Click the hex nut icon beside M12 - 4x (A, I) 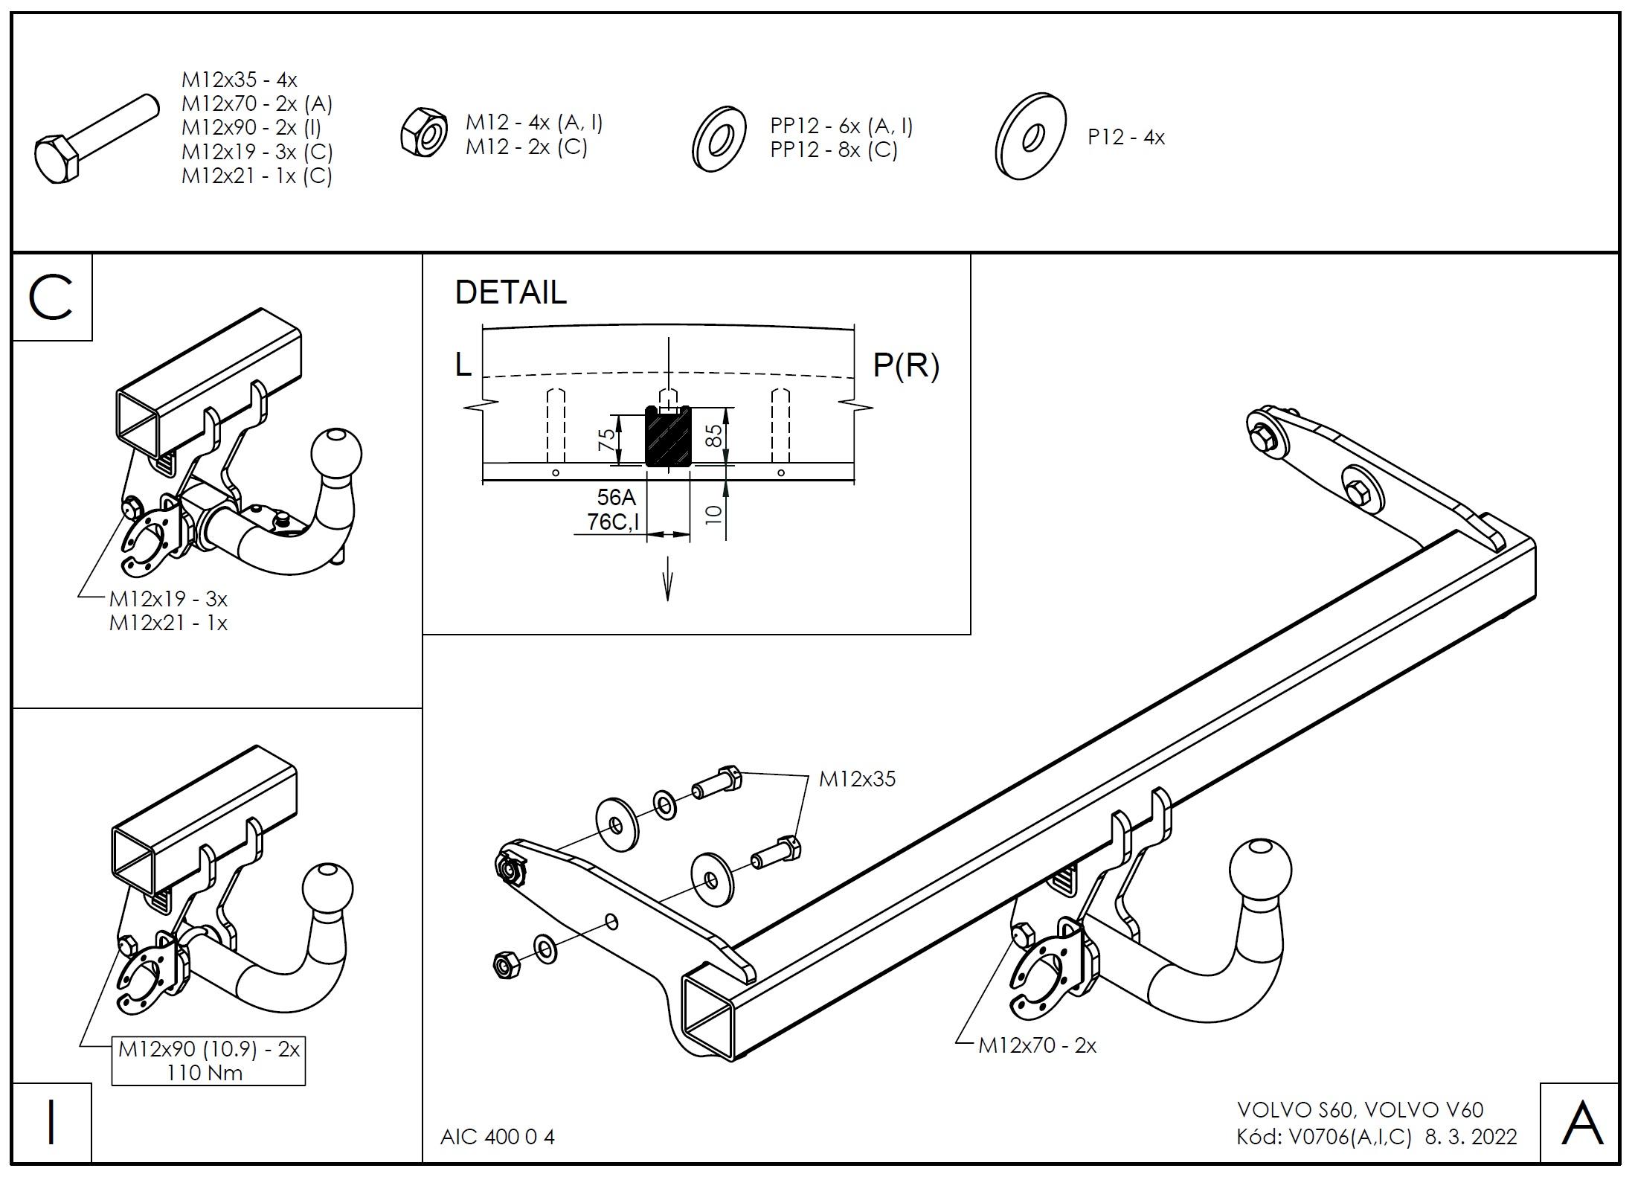423,132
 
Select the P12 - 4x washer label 1125,138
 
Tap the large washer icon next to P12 1030,137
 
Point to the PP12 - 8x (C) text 833,150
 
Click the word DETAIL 510,292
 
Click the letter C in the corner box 51,298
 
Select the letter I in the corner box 51,1123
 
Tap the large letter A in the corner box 1581,1123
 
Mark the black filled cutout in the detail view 668,439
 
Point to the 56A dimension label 616,498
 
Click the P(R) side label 905,365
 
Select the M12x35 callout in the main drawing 857,779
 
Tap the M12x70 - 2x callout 1037,1045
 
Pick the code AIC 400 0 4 498,1137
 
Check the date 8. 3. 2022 1471,1137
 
